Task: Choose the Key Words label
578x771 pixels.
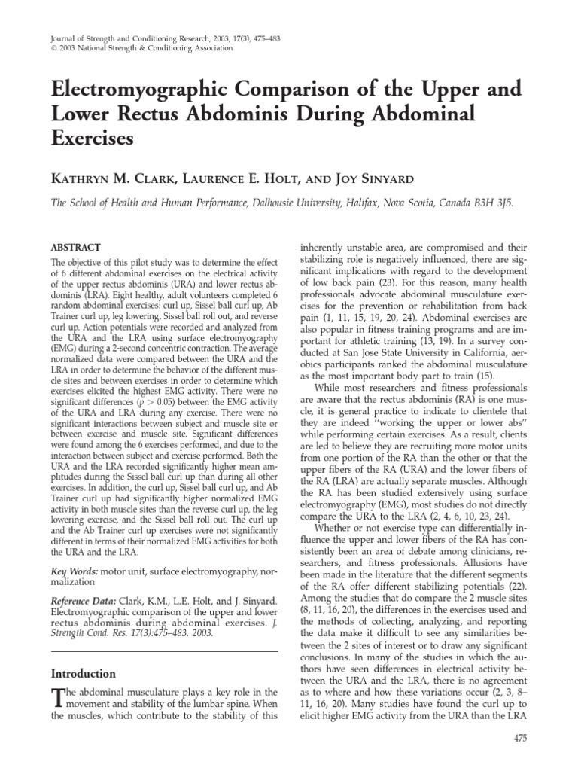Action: point(74,571)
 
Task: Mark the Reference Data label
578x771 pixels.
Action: point(84,601)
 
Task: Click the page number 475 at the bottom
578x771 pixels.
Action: point(520,739)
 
